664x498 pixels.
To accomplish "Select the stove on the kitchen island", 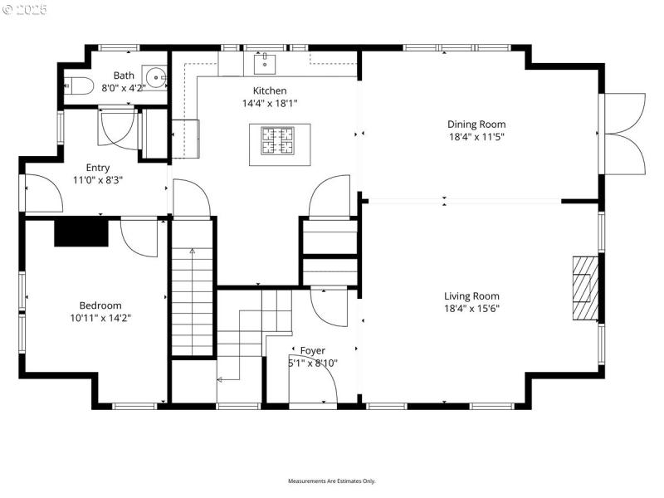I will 280,139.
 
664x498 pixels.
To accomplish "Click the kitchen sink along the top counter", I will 266,61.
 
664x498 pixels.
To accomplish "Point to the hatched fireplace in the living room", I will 585,287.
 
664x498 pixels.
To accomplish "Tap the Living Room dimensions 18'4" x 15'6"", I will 471,308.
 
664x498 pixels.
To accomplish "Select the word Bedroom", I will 100,305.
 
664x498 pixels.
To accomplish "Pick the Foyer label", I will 313,350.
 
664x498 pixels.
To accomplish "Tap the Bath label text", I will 124,76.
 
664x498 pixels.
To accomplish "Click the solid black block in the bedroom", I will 81,232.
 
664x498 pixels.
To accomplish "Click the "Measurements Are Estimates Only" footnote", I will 332,481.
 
